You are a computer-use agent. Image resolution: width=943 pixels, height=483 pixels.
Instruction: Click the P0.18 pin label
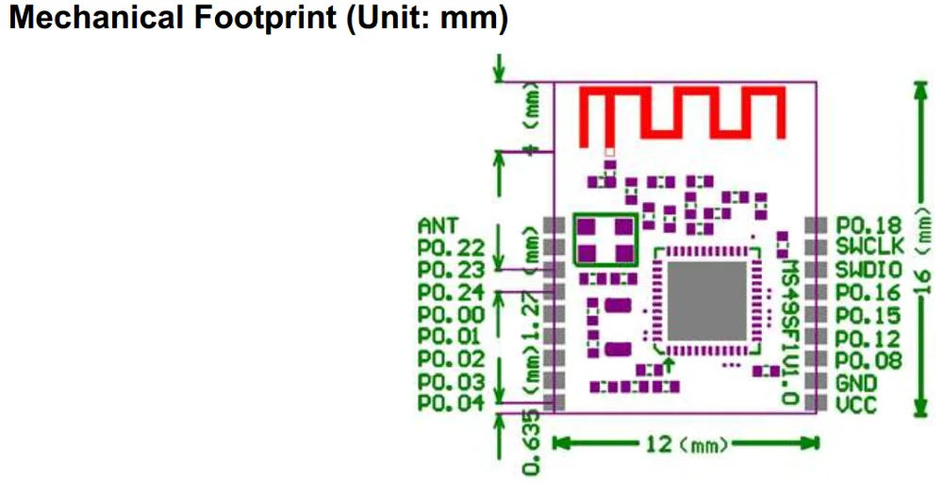click(869, 225)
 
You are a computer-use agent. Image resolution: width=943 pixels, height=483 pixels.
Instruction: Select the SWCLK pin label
click(869, 246)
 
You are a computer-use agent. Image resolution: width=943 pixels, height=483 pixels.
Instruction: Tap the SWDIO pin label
click(869, 269)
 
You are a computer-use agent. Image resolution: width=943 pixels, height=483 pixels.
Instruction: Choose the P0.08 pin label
click(869, 359)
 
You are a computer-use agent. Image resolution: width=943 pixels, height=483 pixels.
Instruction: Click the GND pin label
click(855, 383)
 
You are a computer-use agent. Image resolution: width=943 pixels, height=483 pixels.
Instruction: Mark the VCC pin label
click(855, 405)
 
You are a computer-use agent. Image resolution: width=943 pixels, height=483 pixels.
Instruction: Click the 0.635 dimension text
click(532, 443)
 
